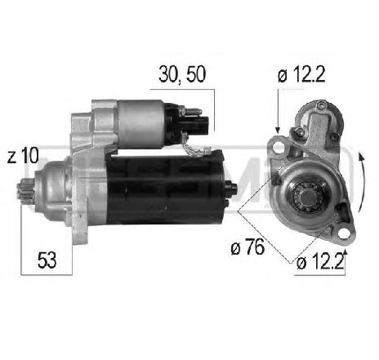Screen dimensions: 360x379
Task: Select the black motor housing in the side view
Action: tap(172, 189)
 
